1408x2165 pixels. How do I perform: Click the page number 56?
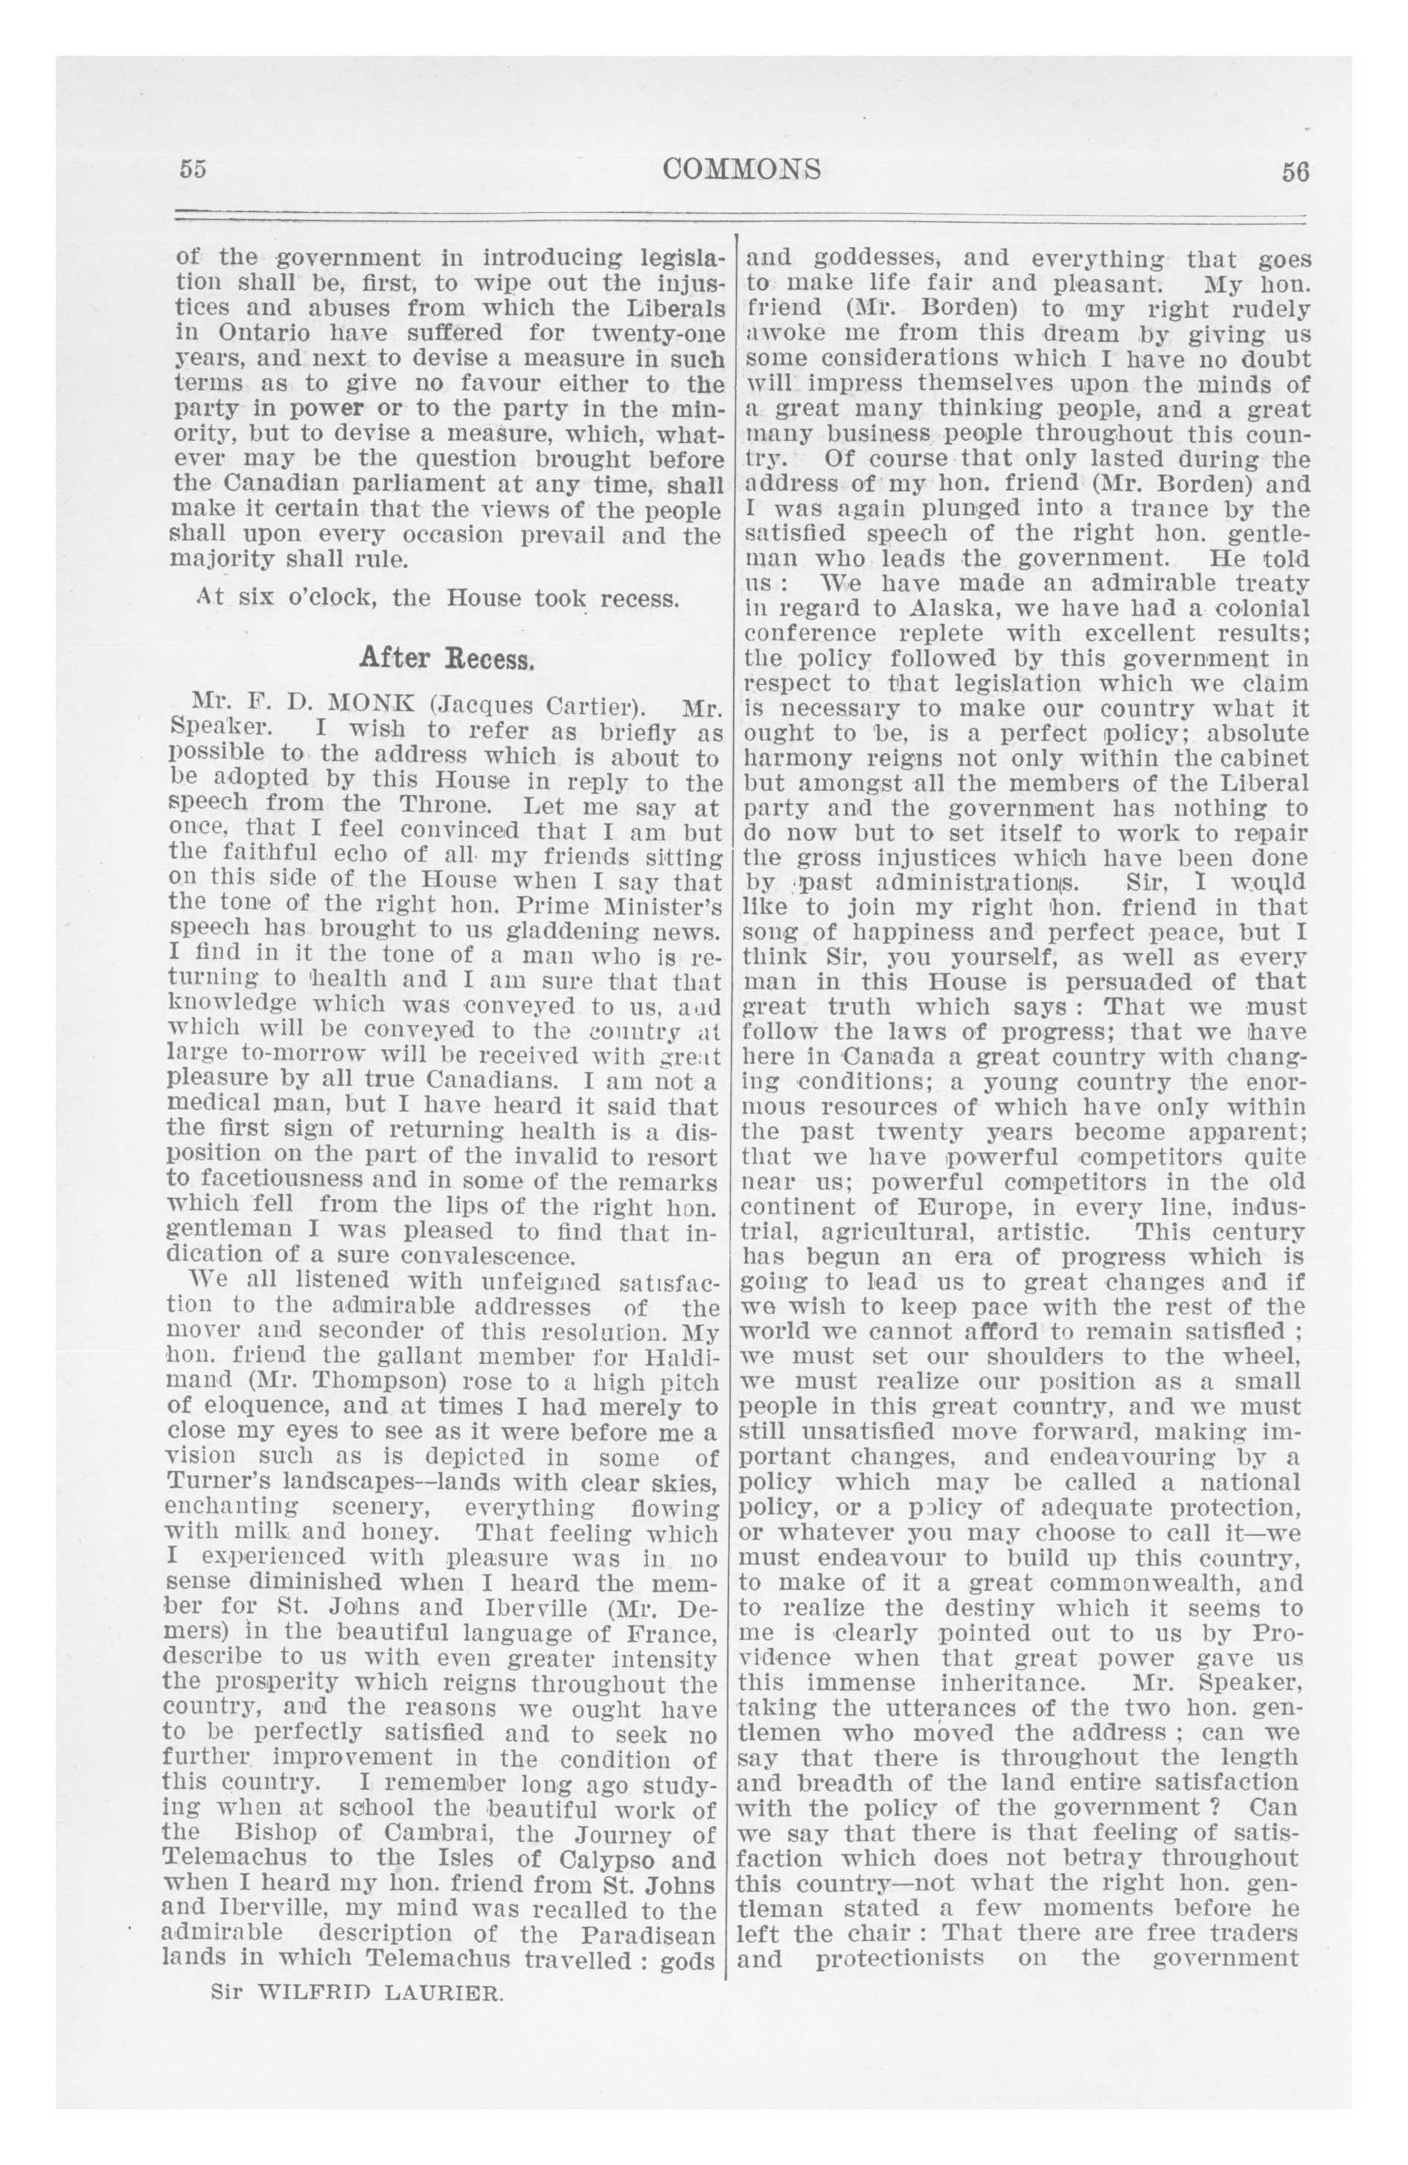tap(1295, 171)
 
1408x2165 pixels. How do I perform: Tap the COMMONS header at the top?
tap(742, 169)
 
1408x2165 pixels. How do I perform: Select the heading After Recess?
tap(446, 657)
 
